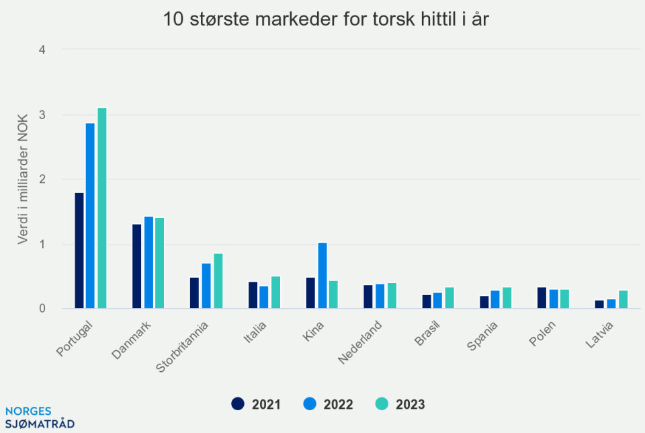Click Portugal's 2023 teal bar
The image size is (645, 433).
pyautogui.click(x=102, y=208)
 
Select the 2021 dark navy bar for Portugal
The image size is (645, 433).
pyautogui.click(x=79, y=251)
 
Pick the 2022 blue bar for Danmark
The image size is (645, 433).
pyautogui.click(x=148, y=263)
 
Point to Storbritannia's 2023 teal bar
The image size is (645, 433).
pyautogui.click(x=218, y=281)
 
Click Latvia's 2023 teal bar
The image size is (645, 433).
pyautogui.click(x=623, y=300)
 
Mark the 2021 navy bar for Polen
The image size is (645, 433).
pyautogui.click(x=542, y=298)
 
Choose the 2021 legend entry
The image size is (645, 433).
pyautogui.click(x=256, y=404)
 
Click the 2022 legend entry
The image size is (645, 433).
pyautogui.click(x=329, y=404)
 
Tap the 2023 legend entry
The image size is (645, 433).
pyautogui.click(x=400, y=404)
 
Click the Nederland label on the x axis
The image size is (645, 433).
pyautogui.click(x=361, y=342)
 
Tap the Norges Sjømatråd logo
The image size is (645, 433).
pyautogui.click(x=38, y=418)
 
